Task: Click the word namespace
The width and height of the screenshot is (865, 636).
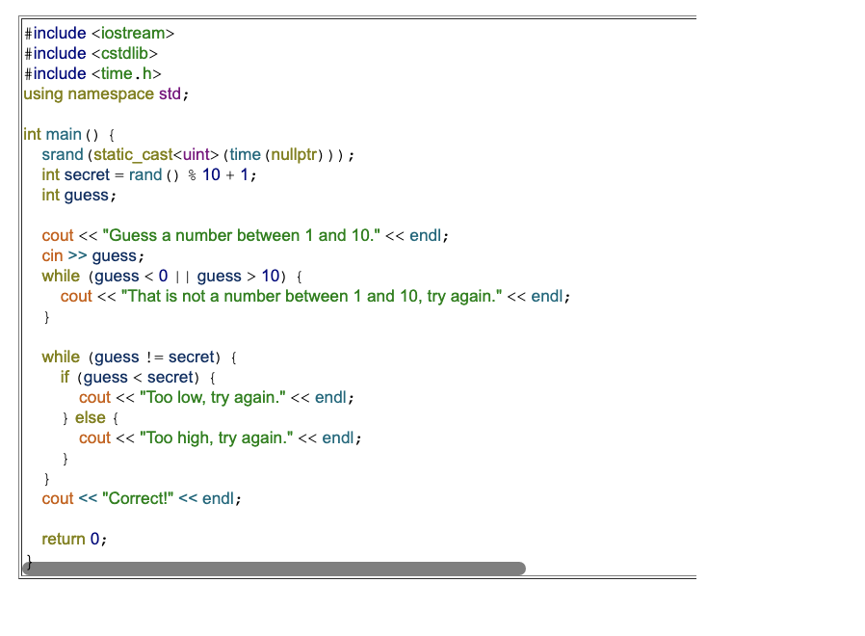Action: pyautogui.click(x=110, y=94)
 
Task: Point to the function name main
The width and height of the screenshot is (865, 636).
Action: pyautogui.click(x=64, y=135)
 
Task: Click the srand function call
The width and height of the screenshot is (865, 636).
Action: pyautogui.click(x=62, y=155)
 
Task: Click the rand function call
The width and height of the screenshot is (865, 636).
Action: pyautogui.click(x=144, y=175)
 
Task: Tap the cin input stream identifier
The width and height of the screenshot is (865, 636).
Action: pyautogui.click(x=52, y=256)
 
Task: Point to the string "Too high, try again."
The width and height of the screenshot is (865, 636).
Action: pyautogui.click(x=216, y=438)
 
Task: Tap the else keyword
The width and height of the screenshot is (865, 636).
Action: pyautogui.click(x=90, y=418)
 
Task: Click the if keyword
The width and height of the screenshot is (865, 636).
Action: pyautogui.click(x=65, y=378)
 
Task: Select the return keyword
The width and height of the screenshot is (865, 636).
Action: pyautogui.click(x=63, y=540)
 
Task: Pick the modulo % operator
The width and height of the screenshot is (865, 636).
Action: pyautogui.click(x=191, y=175)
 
